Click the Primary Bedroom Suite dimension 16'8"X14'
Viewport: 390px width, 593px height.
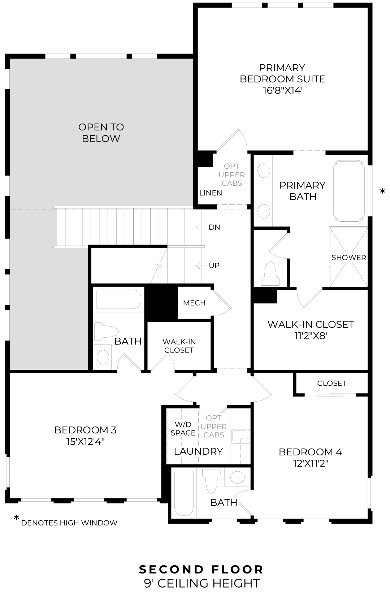point(282,90)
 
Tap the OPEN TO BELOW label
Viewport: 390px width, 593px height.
point(101,133)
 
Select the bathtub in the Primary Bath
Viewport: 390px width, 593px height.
point(349,191)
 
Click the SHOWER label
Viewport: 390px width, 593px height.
point(348,257)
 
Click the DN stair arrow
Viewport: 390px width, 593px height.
point(199,227)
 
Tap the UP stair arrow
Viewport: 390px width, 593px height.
point(199,265)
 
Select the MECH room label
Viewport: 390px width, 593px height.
point(194,303)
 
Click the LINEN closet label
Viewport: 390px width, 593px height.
point(211,193)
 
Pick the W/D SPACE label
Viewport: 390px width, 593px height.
point(183,428)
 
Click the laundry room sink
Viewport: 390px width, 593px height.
point(240,436)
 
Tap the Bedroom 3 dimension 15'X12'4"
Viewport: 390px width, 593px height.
point(85,441)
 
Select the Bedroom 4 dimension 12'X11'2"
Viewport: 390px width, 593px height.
point(310,463)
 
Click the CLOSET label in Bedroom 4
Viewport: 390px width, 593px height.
point(331,383)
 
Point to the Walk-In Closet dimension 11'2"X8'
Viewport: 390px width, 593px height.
point(311,336)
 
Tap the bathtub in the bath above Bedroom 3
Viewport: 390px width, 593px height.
point(118,299)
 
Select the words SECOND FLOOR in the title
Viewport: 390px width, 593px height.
point(201,570)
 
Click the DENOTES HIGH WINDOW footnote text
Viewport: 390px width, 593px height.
point(69,523)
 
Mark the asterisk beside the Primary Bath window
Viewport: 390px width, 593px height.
point(382,192)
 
